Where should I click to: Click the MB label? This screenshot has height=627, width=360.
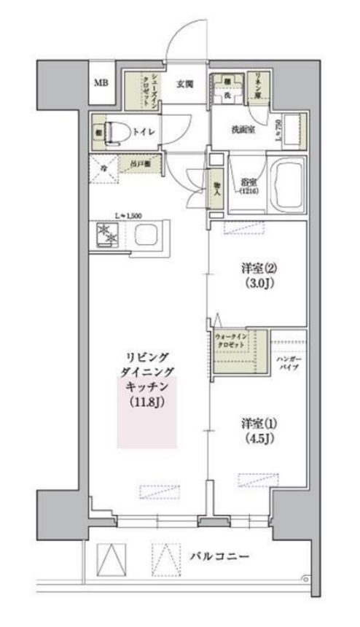click(101, 82)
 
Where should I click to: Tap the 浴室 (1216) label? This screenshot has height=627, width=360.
click(248, 185)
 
